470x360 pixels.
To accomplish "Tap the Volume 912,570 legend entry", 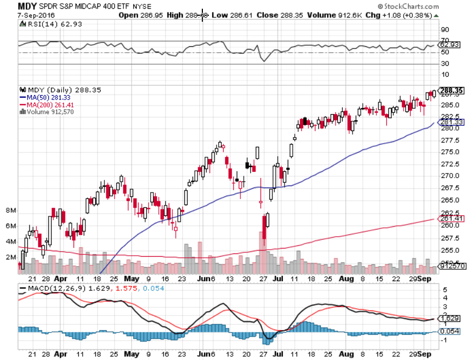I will pyautogui.click(x=50, y=111).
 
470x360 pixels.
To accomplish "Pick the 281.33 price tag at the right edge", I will pyautogui.click(x=450, y=122).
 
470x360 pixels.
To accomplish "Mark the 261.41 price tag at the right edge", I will pyautogui.click(x=450, y=219).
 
